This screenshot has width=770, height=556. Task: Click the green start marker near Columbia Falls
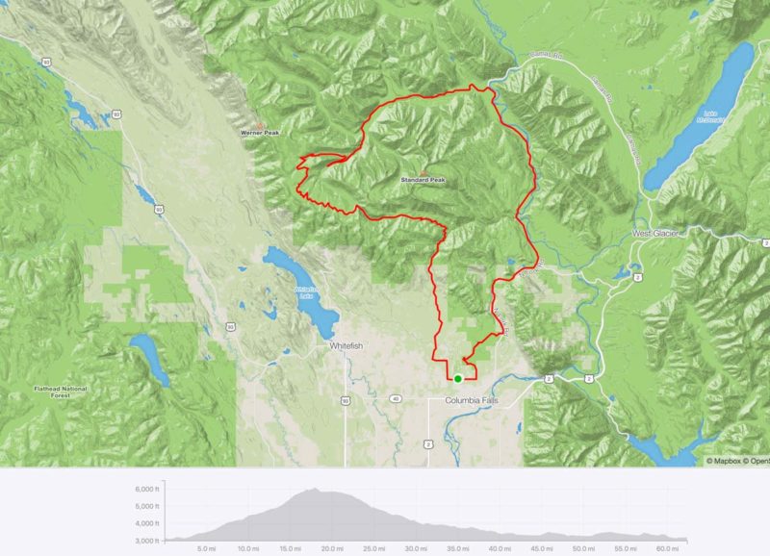(458, 379)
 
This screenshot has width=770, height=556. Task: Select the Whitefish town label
(345, 345)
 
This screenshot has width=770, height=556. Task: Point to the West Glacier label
(656, 234)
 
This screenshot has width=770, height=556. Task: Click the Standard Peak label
(423, 180)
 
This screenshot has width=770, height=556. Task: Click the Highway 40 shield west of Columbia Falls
(396, 398)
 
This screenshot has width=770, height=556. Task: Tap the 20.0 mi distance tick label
(331, 548)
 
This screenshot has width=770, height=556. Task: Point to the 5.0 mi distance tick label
(205, 548)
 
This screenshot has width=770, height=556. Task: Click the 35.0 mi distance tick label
(457, 548)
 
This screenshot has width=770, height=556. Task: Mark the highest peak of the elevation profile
(313, 489)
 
